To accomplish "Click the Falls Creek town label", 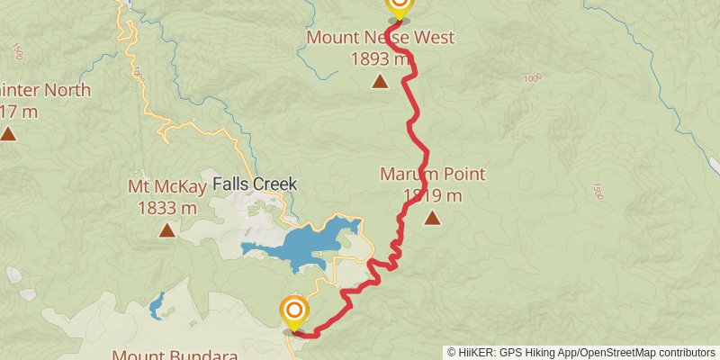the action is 255,184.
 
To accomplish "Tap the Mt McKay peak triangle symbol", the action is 166,230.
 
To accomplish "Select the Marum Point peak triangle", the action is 433,217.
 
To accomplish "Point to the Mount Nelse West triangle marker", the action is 380,82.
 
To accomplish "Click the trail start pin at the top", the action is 399,7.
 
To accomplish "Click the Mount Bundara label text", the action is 175,355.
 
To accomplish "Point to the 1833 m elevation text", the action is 167,207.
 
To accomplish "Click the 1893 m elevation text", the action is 381,58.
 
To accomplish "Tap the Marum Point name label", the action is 432,174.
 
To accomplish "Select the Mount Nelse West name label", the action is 380,38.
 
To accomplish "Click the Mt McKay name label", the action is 167,187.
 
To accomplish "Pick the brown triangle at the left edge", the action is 8,134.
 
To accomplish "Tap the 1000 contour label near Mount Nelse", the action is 532,79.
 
